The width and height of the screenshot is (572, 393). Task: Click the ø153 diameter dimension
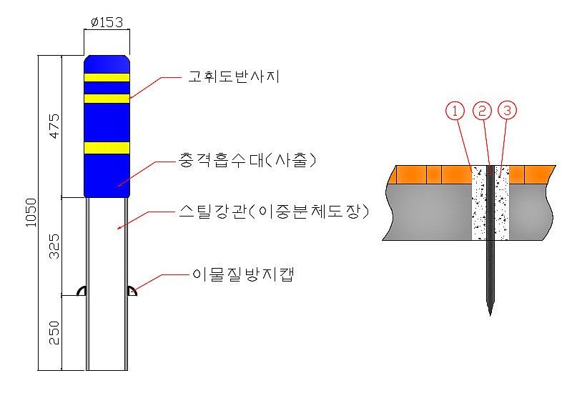pos(107,22)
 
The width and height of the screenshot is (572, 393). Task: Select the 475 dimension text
pos(54,126)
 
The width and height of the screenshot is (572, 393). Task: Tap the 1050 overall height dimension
pos(31,212)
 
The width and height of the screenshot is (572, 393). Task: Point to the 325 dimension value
pos(54,247)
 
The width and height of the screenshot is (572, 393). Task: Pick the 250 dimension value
pos(54,333)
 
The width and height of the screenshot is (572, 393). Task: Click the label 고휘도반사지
pos(234,76)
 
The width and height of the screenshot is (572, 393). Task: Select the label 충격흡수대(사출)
pos(247,160)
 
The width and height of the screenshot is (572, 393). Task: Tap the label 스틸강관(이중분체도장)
pos(274,211)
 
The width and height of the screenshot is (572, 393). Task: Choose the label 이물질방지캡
pos(243,274)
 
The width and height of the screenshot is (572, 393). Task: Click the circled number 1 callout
pos(455,111)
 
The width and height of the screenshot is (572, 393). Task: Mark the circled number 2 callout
pos(482,111)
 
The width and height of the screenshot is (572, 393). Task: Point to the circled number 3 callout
pos(508,110)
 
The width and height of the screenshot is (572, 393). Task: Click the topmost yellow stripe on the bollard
pos(107,77)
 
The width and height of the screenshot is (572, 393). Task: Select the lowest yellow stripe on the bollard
pos(107,148)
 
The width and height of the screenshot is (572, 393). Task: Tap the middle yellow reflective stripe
pos(107,99)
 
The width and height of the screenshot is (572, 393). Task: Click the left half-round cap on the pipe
pos(82,291)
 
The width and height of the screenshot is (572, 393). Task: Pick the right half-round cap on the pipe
pos(132,291)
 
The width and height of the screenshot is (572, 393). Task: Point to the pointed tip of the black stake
pos(490,315)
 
